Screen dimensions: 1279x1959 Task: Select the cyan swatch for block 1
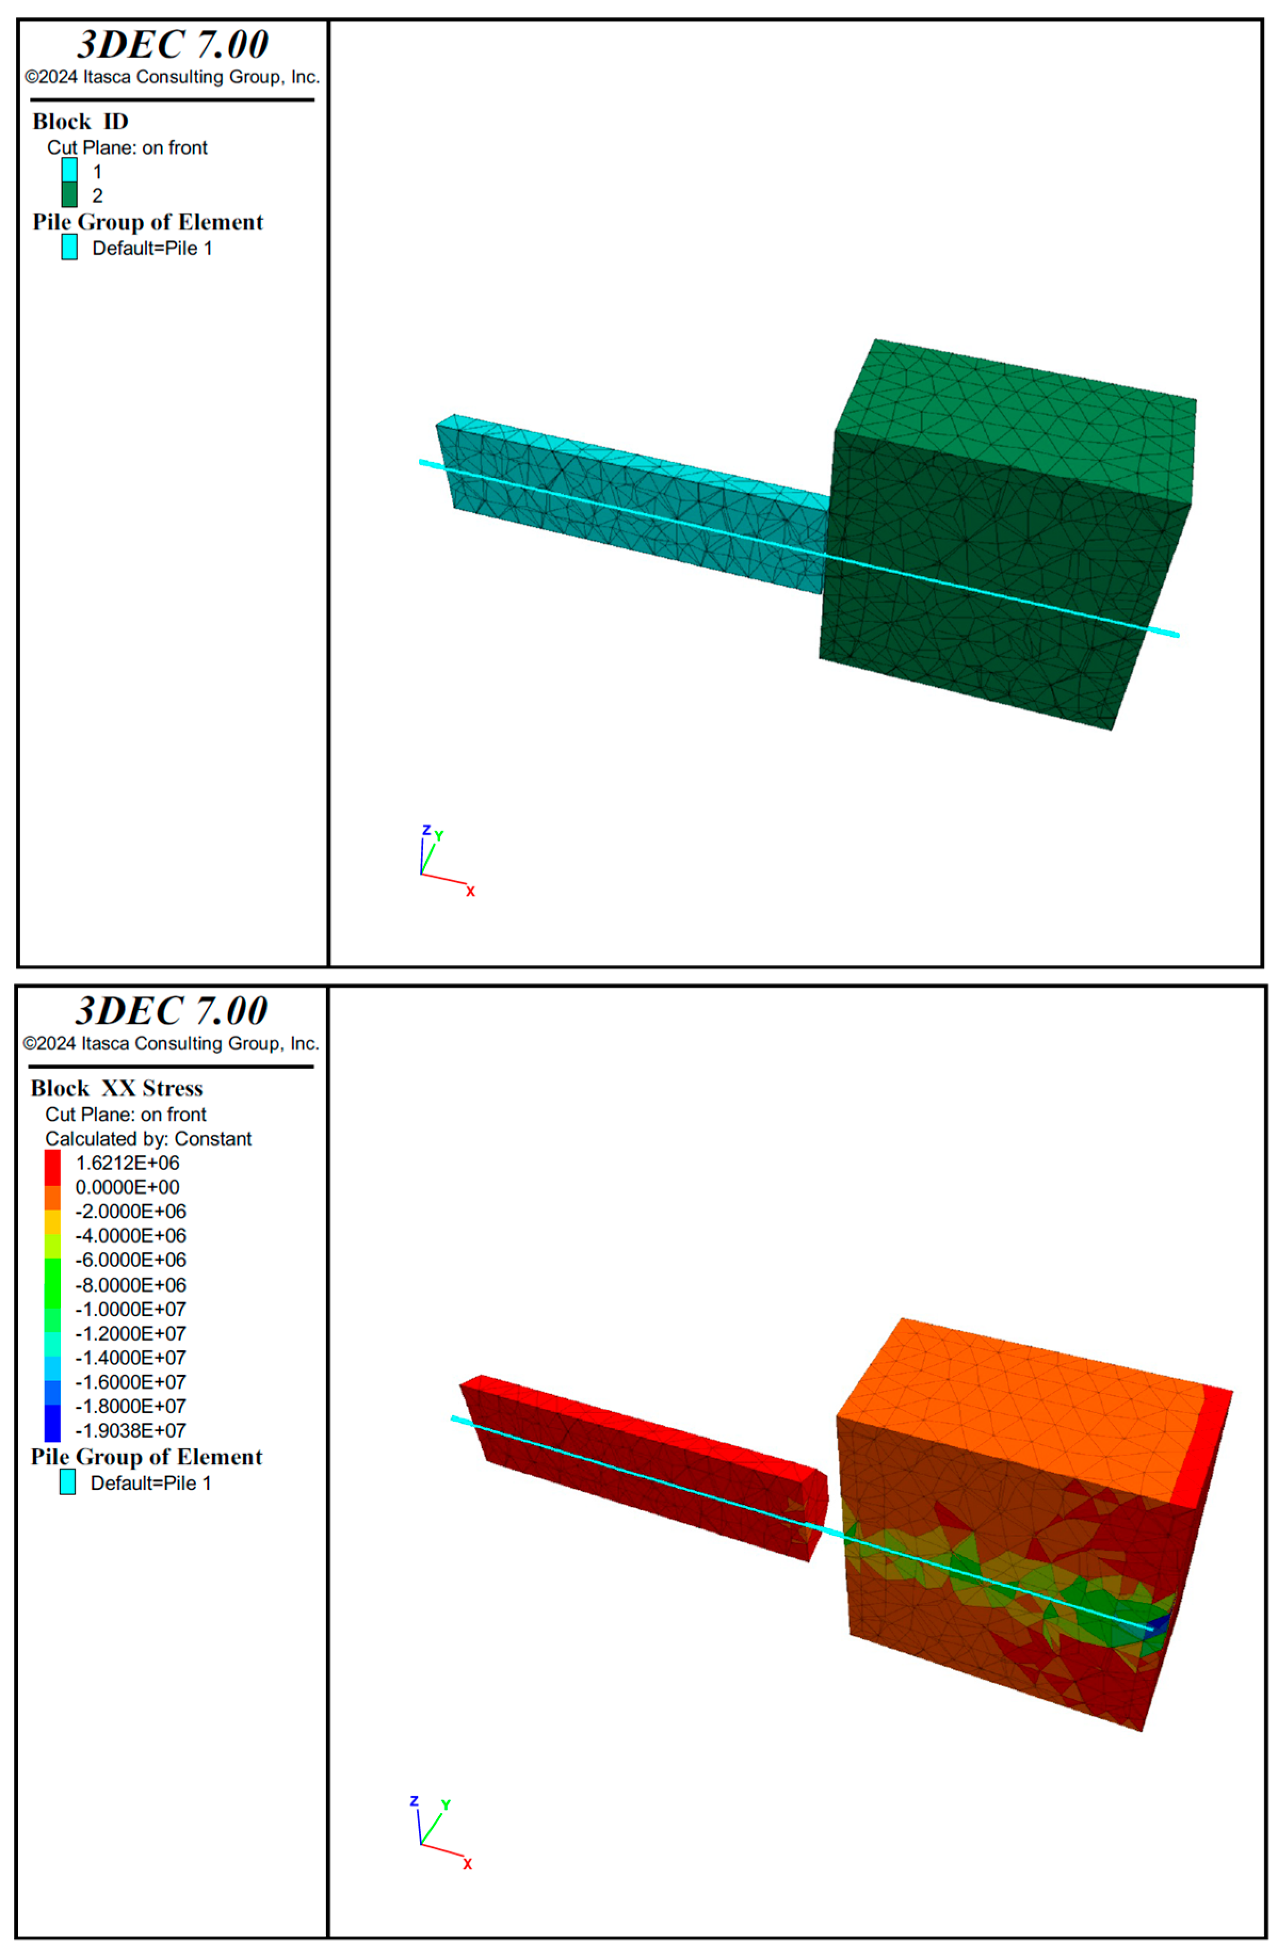click(x=69, y=170)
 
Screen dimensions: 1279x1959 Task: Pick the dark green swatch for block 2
click(x=69, y=194)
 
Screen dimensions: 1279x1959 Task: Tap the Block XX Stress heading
click(x=117, y=1088)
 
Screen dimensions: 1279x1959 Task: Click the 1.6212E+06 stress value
click(x=127, y=1163)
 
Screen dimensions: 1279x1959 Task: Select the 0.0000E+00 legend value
click(x=127, y=1187)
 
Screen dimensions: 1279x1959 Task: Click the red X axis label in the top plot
click(x=470, y=891)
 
